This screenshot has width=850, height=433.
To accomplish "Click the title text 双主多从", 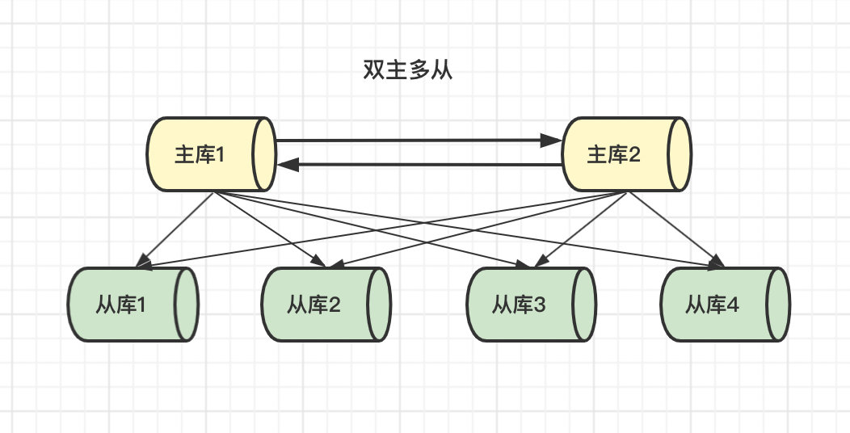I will (407, 70).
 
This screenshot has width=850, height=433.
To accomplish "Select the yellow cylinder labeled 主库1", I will (212, 154).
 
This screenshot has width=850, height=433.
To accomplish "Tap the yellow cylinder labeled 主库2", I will (627, 154).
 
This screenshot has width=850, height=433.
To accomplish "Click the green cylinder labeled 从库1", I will (133, 305).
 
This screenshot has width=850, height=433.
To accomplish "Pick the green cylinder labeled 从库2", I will (326, 305).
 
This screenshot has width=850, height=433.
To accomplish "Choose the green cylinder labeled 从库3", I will (531, 305).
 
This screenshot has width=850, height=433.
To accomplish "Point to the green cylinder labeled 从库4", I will (725, 305).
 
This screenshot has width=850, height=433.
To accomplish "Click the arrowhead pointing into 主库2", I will (553, 141).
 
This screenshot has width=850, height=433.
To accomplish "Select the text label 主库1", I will (199, 154).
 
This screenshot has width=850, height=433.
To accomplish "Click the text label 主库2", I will (613, 154).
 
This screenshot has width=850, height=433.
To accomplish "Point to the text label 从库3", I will (520, 305).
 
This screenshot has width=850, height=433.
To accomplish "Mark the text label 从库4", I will (713, 305).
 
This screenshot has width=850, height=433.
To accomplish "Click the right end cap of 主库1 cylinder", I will (264, 154).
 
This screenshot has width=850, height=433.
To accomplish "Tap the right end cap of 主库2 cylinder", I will (680, 154).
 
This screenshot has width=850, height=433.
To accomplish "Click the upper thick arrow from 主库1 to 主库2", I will (412, 141).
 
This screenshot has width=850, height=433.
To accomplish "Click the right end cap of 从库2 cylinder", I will (380, 305).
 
